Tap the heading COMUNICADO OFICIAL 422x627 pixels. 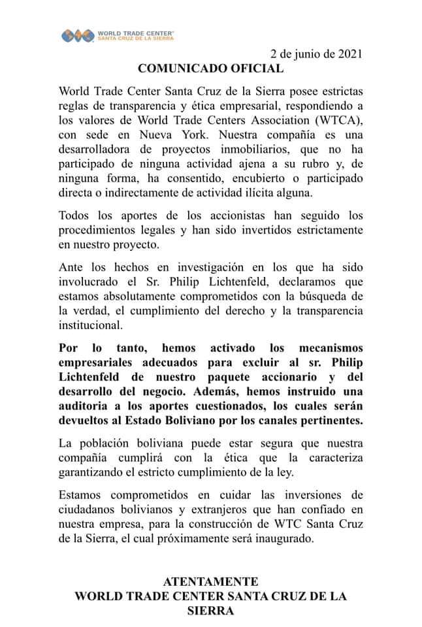(x=210, y=68)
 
